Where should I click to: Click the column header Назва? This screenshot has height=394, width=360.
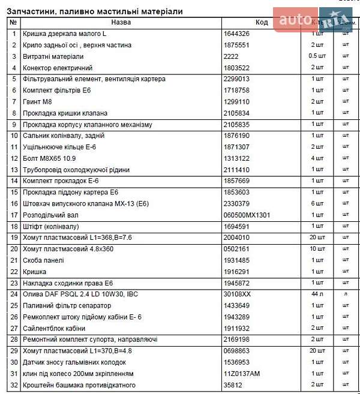pos(121,22)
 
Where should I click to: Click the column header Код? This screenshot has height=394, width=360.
pos(262,22)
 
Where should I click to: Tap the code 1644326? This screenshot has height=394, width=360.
pos(236,34)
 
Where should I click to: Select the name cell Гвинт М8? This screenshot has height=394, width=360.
pos(37,102)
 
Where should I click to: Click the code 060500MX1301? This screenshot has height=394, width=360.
pos(247,215)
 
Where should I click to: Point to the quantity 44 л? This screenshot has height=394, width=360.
pos(317,294)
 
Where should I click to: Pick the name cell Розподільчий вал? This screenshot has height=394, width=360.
pos(50,215)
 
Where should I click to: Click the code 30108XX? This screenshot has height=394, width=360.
pos(237,294)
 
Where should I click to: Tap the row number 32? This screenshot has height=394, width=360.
pos(13,385)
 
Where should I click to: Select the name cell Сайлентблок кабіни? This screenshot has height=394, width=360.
pos(53,329)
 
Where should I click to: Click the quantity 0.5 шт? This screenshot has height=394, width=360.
pos(317,56)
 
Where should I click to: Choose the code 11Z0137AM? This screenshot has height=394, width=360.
pos(241,374)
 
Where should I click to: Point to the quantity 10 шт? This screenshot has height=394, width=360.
pos(317,249)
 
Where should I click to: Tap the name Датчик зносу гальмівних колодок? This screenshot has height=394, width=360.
pos(74,362)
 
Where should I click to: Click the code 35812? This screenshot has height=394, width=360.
pos(232,385)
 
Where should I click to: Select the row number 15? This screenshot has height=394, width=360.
pos(13,193)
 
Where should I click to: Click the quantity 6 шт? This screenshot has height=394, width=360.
pos(317,204)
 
